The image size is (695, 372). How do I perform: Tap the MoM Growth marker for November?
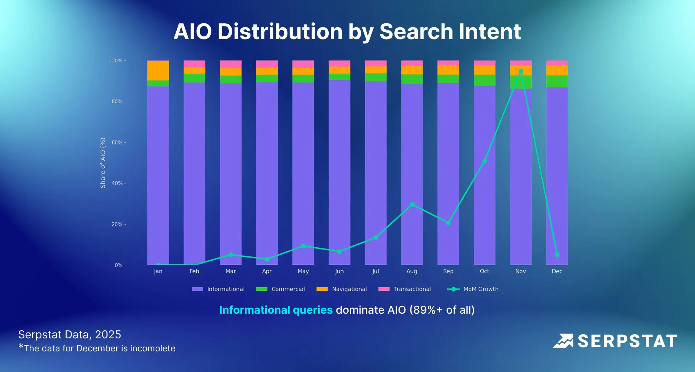(521, 71)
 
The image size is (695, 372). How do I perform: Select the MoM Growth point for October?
(484, 161)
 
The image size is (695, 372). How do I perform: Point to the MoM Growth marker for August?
(412, 205)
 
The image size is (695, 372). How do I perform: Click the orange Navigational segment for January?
(158, 71)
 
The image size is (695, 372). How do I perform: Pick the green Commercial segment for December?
(557, 81)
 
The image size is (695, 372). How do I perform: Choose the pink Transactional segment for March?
(231, 64)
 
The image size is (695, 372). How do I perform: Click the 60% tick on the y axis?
(117, 142)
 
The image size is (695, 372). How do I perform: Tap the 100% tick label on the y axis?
(115, 60)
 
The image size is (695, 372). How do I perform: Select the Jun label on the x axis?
(339, 271)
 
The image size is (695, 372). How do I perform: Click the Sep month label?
(448, 271)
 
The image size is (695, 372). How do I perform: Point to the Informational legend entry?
(218, 289)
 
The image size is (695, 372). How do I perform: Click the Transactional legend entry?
(405, 289)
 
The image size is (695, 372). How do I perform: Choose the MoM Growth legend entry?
(473, 289)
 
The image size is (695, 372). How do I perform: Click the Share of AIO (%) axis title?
(103, 163)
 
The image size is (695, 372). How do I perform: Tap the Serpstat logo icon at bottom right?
(563, 341)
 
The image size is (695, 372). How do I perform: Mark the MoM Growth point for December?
(557, 255)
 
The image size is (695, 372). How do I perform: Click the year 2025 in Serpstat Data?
(108, 335)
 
